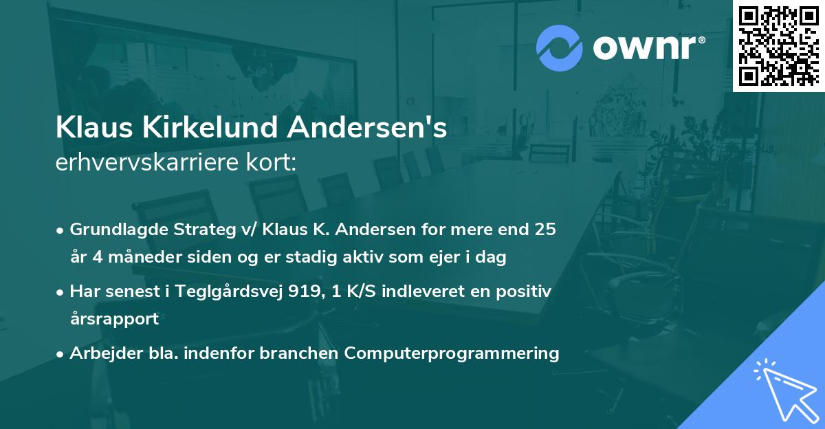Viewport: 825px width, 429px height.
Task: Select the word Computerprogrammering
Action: [452, 353]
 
